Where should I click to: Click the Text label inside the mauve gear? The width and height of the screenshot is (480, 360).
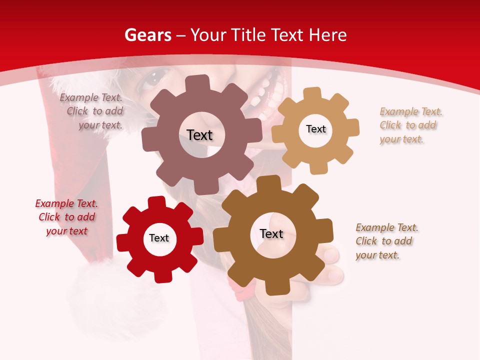(199, 135)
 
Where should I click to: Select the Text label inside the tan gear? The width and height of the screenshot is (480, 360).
(315, 129)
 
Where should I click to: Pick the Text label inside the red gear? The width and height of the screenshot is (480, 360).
(159, 238)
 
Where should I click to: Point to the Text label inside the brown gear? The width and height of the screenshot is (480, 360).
(271, 233)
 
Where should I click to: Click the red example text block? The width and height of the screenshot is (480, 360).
(66, 217)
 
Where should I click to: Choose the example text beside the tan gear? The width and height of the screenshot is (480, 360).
(409, 125)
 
